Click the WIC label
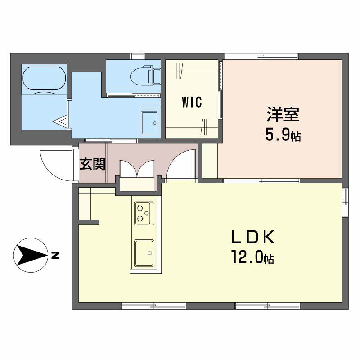(192, 102)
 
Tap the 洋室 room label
(283, 114)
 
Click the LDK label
(252, 237)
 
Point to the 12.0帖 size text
(252, 257)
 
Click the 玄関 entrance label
(92, 164)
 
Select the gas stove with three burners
(144, 213)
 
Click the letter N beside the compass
(55, 255)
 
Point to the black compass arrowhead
(30, 255)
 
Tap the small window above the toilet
(138, 56)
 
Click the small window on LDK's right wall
(345, 202)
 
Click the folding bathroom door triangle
(61, 121)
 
